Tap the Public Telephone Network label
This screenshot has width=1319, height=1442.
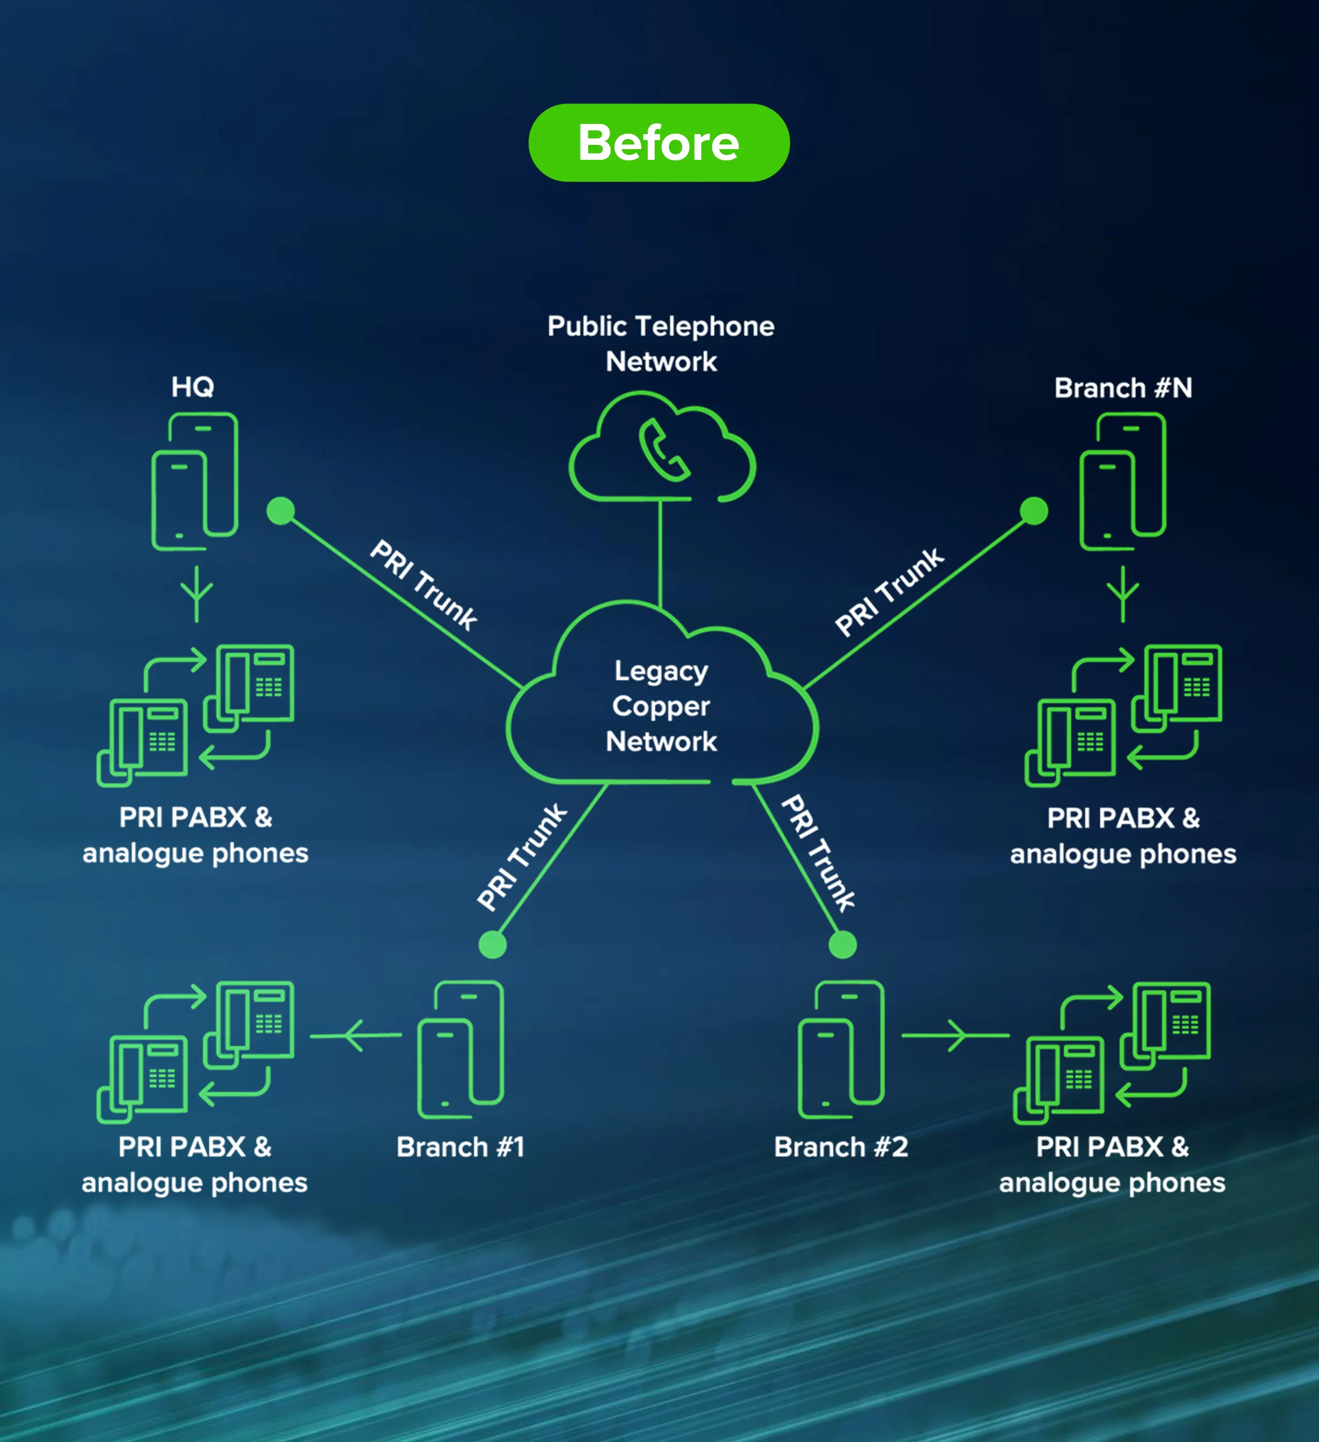[x=661, y=343]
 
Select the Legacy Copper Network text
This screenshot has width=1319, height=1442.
[x=661, y=706]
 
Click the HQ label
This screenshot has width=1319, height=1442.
[x=192, y=387]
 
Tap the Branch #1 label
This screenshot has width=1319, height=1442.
[x=461, y=1146]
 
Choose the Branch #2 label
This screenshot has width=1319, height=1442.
[x=841, y=1146]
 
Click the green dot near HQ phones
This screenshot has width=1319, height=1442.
[x=280, y=511]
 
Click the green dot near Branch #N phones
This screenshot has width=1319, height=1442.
[x=1034, y=511]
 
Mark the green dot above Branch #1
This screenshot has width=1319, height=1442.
[x=493, y=944]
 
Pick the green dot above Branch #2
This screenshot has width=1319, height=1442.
[x=842, y=944]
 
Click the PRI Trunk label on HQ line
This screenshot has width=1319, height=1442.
[x=423, y=586]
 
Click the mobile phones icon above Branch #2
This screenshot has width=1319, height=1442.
[x=841, y=1049]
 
